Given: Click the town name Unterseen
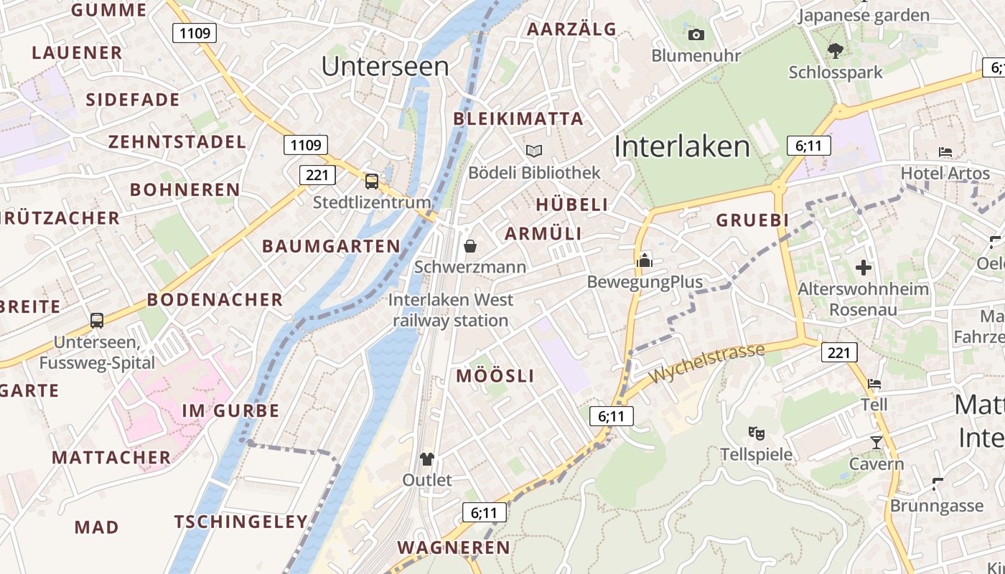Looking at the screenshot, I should coord(385,66).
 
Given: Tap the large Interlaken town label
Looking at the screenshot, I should coord(682,146).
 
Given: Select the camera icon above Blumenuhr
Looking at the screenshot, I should coord(696,34).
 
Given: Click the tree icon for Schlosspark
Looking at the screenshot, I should coord(835,50).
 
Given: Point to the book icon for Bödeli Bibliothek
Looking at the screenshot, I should coord(534,151).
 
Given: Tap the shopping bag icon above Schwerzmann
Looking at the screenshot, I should coord(470,246).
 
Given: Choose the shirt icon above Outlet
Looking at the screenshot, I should coord(427,458).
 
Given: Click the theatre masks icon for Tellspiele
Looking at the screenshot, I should coord(756,433).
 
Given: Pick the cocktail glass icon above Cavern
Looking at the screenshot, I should coord(876,442).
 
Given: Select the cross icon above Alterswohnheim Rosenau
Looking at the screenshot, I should coord(864,268).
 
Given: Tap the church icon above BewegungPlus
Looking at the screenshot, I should coord(645,260).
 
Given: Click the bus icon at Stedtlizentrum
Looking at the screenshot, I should coord(371,181).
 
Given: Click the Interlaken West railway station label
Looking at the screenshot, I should coord(451,310).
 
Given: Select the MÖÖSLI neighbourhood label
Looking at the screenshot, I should coord(495,376).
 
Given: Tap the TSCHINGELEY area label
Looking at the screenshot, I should coord(241,522).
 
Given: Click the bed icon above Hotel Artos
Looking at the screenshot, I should coord(945,151).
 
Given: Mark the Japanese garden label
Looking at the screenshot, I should coord(864,15).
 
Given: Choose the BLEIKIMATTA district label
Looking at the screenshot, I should coord(519,119).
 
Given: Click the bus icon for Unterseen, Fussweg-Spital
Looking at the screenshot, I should coord(97,321).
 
